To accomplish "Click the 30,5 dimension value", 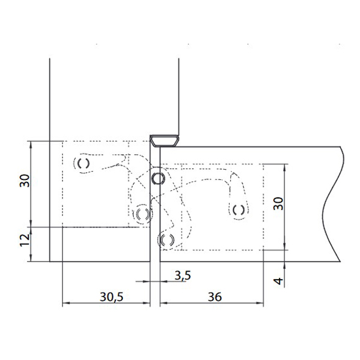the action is coord(112,297).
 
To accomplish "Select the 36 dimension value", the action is coord(215,297).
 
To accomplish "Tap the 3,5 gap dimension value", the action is coord(183,275).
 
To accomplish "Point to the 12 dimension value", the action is coord(25,239).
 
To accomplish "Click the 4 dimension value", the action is coord(279,281).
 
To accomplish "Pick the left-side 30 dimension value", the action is coord(25,181).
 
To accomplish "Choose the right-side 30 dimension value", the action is coord(279,203).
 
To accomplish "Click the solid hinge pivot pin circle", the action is coord(157,179).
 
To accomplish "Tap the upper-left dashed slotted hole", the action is coord(83,163).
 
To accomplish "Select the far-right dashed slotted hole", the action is coord(239,209).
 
